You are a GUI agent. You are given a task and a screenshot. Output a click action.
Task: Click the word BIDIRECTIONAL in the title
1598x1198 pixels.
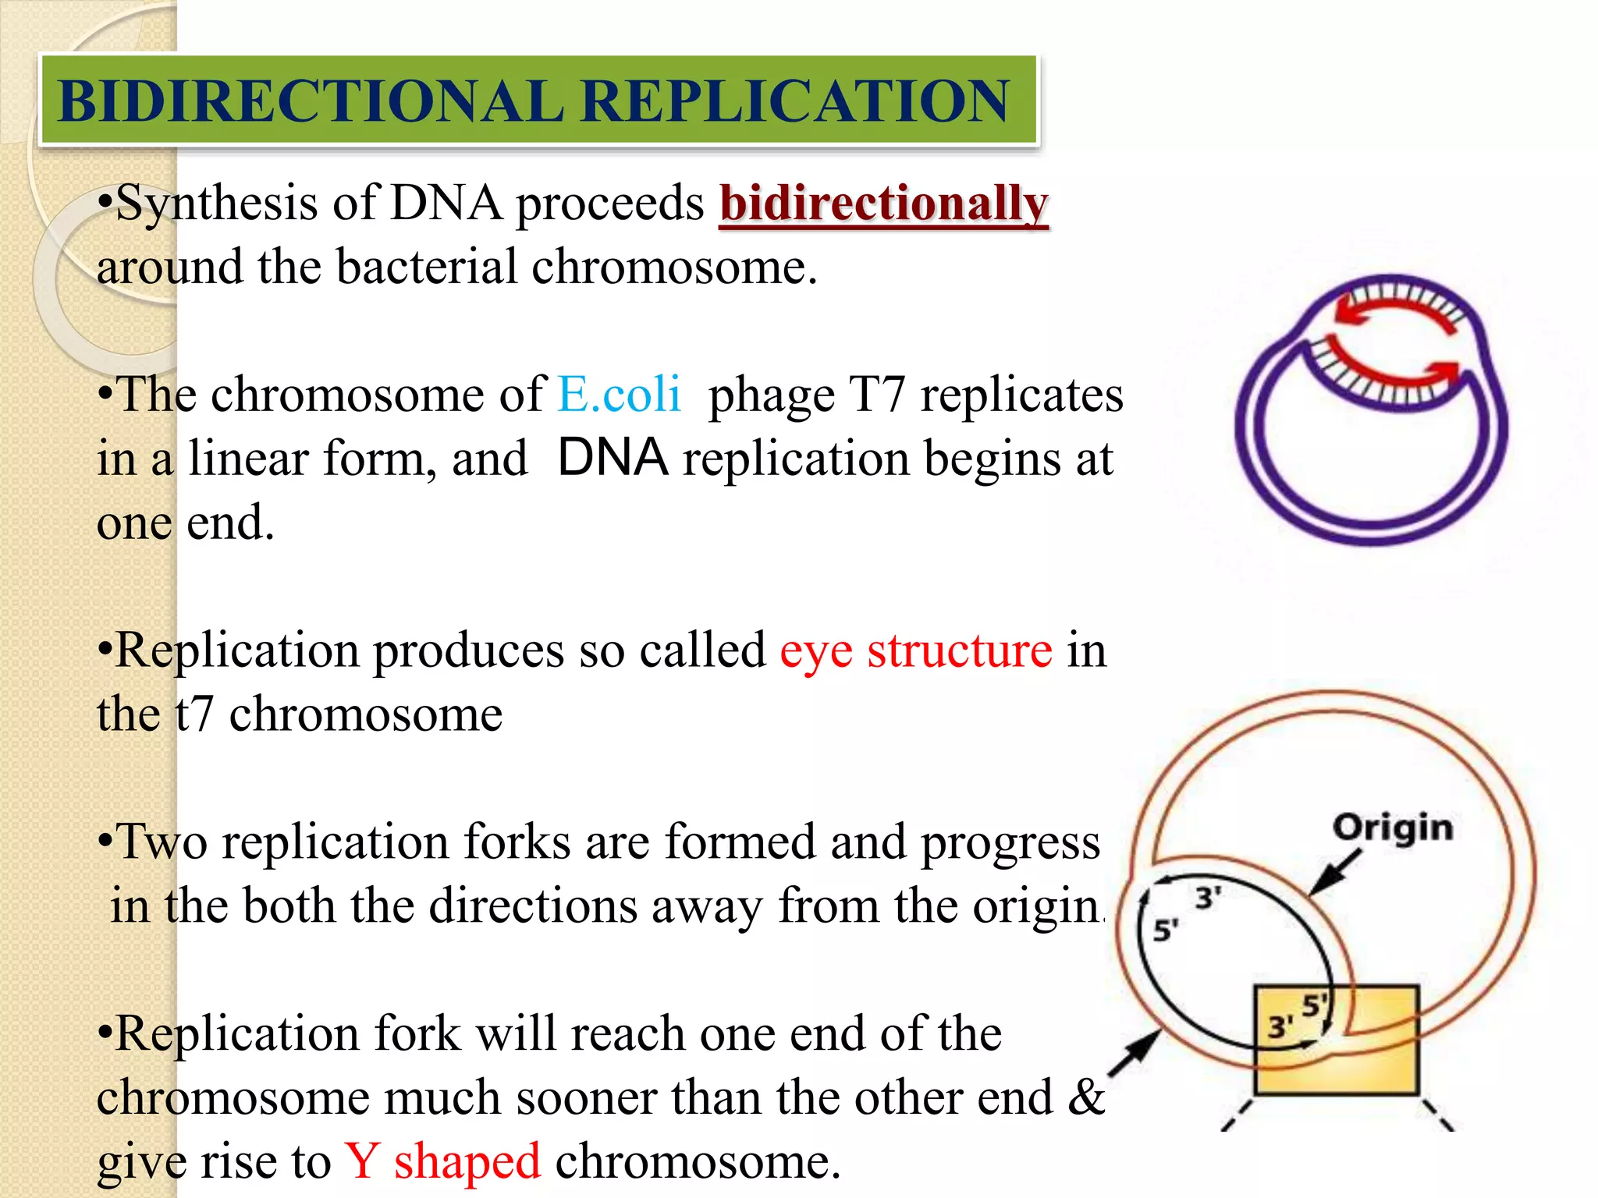(311, 101)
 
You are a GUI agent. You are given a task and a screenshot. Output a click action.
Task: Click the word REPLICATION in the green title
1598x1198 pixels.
(795, 101)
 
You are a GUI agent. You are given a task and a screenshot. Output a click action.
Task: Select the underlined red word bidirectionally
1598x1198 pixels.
(883, 204)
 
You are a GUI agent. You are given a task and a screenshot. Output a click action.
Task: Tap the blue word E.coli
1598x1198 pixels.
(620, 394)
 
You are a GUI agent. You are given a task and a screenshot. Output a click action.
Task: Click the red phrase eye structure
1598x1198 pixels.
(916, 650)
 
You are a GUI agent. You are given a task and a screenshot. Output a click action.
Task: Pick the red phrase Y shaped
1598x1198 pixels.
(442, 1161)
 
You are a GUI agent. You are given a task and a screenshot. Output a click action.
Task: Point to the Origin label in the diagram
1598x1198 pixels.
(1393, 828)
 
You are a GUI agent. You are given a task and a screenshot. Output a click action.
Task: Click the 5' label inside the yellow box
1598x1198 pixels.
(1314, 1005)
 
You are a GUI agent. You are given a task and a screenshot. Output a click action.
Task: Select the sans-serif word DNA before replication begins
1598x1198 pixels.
(613, 458)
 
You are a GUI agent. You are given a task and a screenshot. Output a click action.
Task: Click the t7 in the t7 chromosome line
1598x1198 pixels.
(194, 714)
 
